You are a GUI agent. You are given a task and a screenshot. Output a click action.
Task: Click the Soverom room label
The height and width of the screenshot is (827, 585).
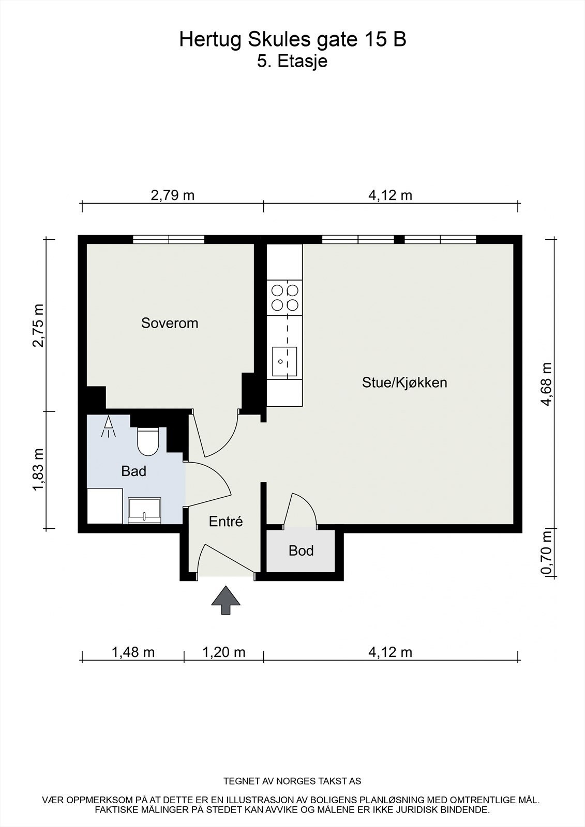click(x=170, y=323)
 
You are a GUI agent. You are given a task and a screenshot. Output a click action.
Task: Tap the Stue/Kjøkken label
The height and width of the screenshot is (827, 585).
click(x=404, y=382)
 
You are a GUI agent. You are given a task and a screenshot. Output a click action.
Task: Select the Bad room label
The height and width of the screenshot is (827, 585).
click(x=134, y=471)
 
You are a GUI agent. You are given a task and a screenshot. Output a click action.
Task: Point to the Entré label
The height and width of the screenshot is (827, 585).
click(x=226, y=521)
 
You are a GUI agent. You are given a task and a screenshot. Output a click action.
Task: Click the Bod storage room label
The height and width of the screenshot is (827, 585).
click(x=301, y=550)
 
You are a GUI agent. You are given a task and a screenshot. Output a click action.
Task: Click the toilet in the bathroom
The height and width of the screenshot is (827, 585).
click(x=148, y=441)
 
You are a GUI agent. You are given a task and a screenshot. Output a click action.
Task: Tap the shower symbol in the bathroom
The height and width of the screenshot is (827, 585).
click(x=108, y=426)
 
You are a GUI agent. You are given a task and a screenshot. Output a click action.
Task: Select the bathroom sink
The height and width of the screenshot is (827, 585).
click(x=144, y=510)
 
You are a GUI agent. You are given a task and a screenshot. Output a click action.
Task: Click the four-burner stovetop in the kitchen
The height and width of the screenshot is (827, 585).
click(x=284, y=298)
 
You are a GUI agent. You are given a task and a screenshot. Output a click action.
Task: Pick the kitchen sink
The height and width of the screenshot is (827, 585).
click(x=284, y=361)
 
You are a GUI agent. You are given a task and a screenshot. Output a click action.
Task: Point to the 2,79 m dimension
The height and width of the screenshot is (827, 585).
click(x=173, y=195)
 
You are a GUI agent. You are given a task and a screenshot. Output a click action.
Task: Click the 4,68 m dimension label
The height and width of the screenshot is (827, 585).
click(x=547, y=384)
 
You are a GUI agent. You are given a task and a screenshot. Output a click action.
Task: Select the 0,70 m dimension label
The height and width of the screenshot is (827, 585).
click(x=547, y=552)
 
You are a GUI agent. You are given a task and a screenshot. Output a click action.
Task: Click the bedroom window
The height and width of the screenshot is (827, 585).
click(x=169, y=239)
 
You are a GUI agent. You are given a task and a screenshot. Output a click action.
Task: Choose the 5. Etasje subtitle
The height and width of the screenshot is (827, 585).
click(x=292, y=62)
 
